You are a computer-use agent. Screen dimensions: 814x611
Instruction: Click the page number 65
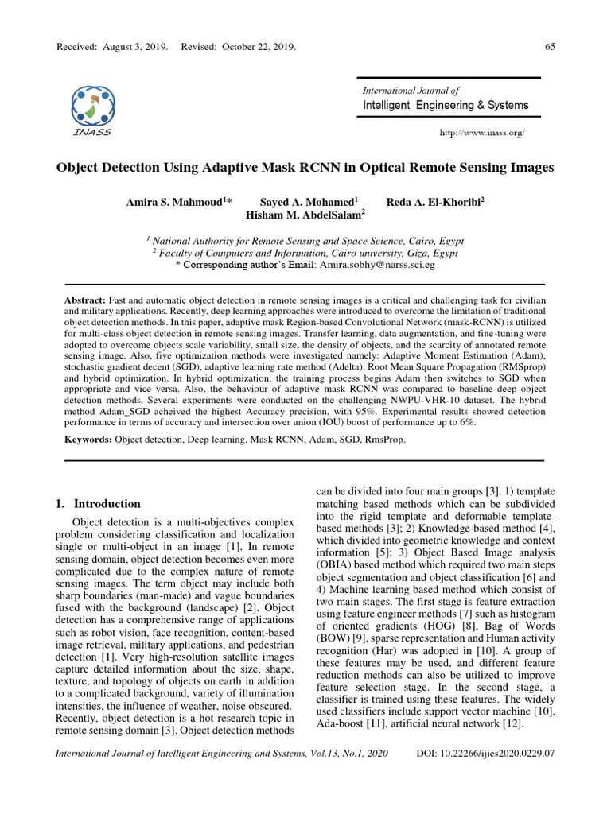tap(549, 47)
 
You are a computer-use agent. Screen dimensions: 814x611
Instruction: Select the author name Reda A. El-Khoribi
tap(434, 202)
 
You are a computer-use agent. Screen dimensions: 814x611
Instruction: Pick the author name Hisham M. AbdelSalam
tap(305, 214)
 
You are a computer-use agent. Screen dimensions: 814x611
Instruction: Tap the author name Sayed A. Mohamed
tap(308, 202)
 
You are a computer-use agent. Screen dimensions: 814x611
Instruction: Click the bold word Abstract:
tap(84, 297)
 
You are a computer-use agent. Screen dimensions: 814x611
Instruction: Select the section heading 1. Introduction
tap(99, 503)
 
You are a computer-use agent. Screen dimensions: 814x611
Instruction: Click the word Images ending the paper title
tap(527, 169)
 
